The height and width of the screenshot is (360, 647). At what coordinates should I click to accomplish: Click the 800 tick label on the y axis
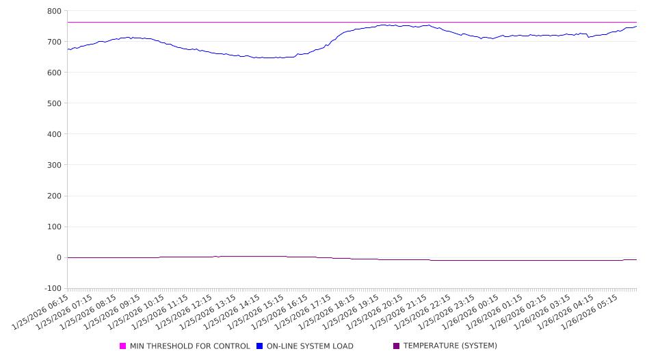[54, 11]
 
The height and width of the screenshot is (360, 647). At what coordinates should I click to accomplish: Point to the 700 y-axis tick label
[54, 42]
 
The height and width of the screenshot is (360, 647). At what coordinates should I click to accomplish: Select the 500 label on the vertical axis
[54, 103]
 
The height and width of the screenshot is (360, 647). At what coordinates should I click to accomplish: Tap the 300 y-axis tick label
[54, 165]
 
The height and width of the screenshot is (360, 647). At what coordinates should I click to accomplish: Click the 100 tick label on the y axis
[54, 227]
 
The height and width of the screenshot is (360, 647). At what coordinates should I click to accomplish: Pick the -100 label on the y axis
[51, 289]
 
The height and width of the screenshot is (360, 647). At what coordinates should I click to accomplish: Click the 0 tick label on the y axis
[59, 258]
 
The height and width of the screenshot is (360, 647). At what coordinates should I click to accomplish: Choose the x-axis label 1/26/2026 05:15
[588, 313]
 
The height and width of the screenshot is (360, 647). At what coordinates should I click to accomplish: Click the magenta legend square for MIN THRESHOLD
[123, 346]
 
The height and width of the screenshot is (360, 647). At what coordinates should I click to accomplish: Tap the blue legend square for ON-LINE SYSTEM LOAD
[260, 346]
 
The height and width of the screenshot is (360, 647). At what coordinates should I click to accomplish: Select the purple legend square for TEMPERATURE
[397, 346]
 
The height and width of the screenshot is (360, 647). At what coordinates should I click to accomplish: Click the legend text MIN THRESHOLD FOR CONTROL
[189, 346]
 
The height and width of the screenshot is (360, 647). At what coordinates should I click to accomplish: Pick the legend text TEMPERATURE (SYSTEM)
[450, 346]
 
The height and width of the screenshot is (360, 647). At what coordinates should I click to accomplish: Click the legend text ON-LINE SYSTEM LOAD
[310, 346]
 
